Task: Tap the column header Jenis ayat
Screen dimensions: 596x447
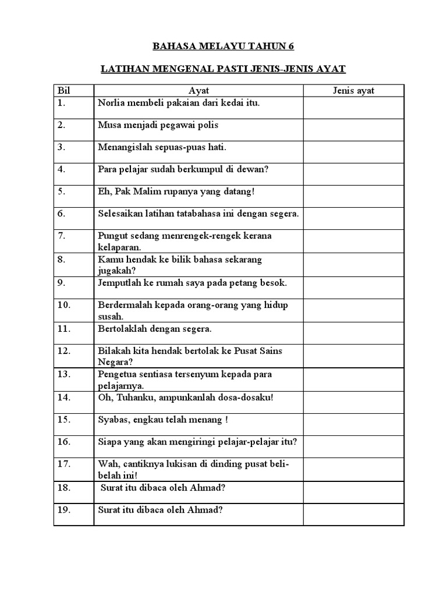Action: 353,90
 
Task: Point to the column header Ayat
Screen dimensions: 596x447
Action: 198,90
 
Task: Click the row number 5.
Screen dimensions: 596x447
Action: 62,191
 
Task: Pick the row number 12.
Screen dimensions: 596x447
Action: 64,351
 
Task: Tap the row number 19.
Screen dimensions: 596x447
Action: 64,510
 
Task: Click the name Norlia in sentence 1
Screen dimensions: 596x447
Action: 111,103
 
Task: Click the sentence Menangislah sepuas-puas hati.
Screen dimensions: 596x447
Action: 162,147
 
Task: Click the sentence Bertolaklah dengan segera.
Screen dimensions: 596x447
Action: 155,328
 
